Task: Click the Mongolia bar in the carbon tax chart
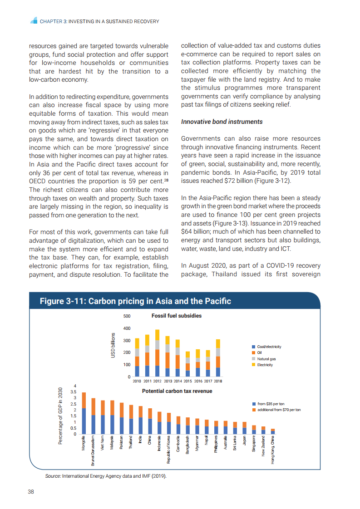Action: tap(84, 413)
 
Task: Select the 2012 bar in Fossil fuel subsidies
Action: tap(157, 353)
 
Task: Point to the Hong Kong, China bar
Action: tap(273, 431)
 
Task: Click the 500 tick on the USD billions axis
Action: tap(127, 316)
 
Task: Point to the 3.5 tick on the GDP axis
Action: tap(74, 392)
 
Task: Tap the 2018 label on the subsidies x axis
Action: tap(218, 381)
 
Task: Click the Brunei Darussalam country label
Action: tap(93, 450)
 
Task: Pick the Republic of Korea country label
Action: tap(168, 449)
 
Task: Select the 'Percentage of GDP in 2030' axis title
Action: tap(60, 416)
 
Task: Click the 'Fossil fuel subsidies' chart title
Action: tap(177, 316)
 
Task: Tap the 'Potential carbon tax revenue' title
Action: tap(177, 391)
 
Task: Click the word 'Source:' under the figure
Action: tap(53, 476)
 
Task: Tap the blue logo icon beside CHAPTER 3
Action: tap(33, 21)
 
